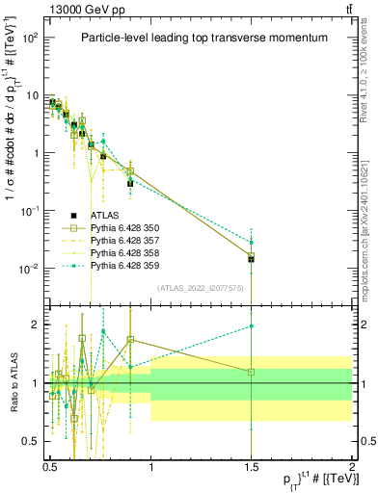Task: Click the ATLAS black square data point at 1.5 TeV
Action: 252,259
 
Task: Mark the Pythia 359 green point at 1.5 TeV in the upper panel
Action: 252,242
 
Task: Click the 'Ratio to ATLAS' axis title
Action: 11,382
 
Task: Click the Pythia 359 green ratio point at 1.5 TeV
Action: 252,326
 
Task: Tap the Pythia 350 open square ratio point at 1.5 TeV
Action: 252,372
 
